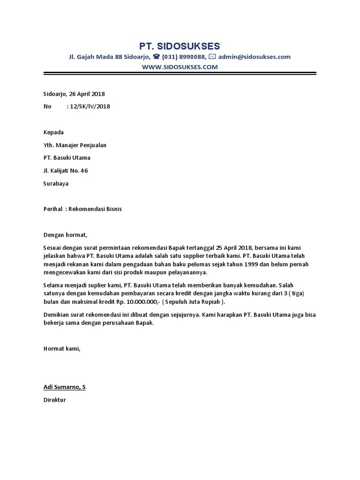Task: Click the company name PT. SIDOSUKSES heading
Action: [x=179, y=46]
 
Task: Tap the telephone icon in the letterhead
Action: [x=157, y=57]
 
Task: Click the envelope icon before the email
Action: [x=212, y=57]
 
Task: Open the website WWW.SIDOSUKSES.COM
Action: [x=180, y=67]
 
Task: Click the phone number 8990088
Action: [x=192, y=57]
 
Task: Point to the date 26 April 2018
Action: [x=87, y=94]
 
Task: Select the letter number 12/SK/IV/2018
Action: [x=90, y=106]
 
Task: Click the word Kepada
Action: [x=53, y=132]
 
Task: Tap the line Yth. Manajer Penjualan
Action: [x=75, y=145]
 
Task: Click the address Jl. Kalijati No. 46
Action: [x=66, y=171]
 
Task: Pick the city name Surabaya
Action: [x=56, y=183]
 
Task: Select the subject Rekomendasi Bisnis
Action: [x=95, y=209]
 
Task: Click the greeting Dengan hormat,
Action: [x=66, y=235]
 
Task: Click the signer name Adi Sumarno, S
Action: [x=65, y=387]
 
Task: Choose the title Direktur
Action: [x=55, y=400]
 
